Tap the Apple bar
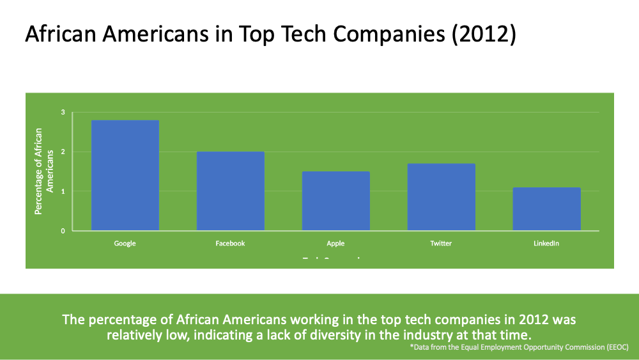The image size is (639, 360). (336, 201)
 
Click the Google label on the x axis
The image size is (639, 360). (125, 244)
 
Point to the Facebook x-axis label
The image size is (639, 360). (230, 244)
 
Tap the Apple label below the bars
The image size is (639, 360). (335, 244)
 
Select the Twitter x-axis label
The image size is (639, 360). (442, 244)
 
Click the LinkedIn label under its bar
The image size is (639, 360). (546, 244)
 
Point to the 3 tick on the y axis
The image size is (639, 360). (63, 113)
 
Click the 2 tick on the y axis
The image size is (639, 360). (63, 152)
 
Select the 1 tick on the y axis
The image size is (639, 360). (63, 191)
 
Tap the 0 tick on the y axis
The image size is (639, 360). (63, 231)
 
